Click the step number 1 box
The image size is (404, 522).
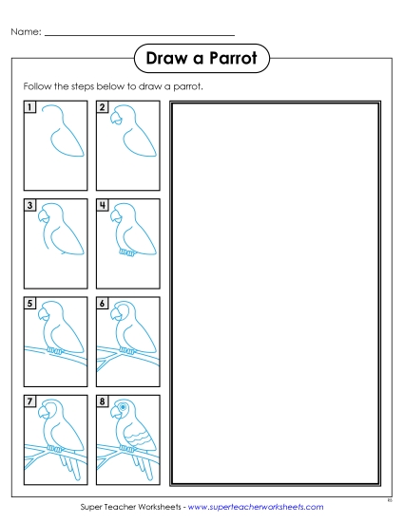[x=31, y=108]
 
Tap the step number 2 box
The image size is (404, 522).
[x=103, y=108]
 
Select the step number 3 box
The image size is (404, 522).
[x=31, y=206]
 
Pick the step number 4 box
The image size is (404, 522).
[x=103, y=206]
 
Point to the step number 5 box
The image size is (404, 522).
[x=31, y=305]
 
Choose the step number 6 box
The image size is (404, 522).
[x=103, y=305]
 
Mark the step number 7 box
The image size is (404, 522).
[x=31, y=402]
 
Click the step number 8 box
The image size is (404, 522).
[x=103, y=402]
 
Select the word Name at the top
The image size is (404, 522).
[x=26, y=33]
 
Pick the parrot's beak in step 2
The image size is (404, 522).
[x=114, y=119]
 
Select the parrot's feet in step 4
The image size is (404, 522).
[x=125, y=253]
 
